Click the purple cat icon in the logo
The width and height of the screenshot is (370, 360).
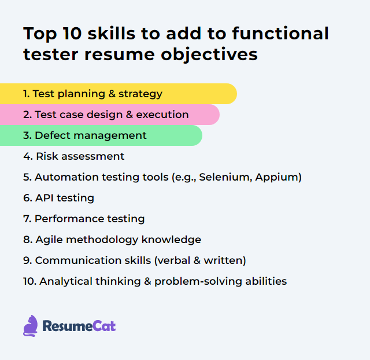[31, 326]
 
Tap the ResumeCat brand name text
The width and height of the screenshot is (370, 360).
[79, 326]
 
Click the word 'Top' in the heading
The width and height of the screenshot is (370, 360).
[39, 34]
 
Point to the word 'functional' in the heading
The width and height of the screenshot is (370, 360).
[280, 34]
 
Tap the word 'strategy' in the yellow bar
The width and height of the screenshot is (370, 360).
[140, 94]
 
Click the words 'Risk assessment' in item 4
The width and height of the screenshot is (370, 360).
[80, 156]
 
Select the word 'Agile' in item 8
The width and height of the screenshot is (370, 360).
[49, 240]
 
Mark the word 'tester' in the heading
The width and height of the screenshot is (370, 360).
[51, 54]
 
